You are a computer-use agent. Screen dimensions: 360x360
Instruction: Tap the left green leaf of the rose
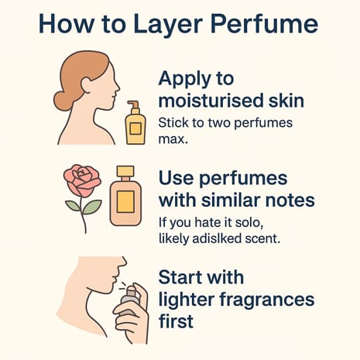[x=72, y=206]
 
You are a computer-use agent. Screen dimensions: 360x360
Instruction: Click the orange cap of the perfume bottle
[x=125, y=171]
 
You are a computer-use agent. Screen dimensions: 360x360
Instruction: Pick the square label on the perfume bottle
[x=125, y=203]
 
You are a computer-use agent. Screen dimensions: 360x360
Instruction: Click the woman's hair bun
[x=61, y=100]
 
